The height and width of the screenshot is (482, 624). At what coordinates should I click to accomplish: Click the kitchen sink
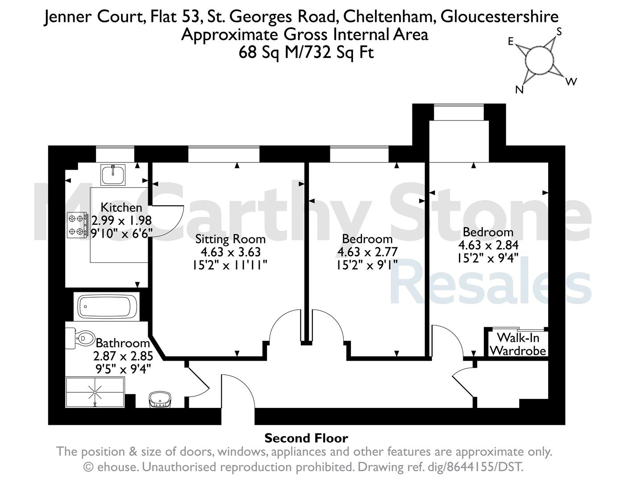(x=113, y=174)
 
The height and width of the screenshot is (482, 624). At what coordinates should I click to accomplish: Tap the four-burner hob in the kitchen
(x=77, y=224)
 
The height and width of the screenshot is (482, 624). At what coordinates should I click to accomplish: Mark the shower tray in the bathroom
(x=95, y=392)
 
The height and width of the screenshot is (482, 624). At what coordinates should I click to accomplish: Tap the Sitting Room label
(x=230, y=239)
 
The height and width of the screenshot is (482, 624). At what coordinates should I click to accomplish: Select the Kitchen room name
(x=121, y=208)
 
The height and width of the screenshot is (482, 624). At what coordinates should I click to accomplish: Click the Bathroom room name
(x=123, y=343)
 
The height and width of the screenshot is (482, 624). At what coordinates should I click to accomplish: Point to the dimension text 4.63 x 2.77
(x=367, y=252)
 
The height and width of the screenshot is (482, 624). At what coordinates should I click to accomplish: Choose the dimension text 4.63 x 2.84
(x=488, y=245)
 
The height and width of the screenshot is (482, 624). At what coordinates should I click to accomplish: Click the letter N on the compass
(x=519, y=90)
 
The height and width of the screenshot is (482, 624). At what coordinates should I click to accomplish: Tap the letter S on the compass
(x=558, y=32)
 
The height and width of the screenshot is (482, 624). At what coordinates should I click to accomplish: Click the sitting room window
(x=224, y=154)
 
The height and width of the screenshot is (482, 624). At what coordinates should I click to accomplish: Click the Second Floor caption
(x=306, y=438)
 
